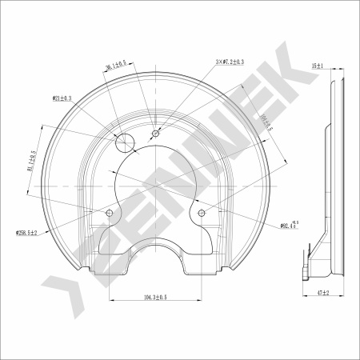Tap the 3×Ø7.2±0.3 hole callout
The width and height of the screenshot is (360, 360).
click(230, 61)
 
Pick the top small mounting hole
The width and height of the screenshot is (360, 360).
click(155, 132)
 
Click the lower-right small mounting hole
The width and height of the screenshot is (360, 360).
click(202, 213)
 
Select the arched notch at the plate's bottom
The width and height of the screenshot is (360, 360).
click(156, 252)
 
